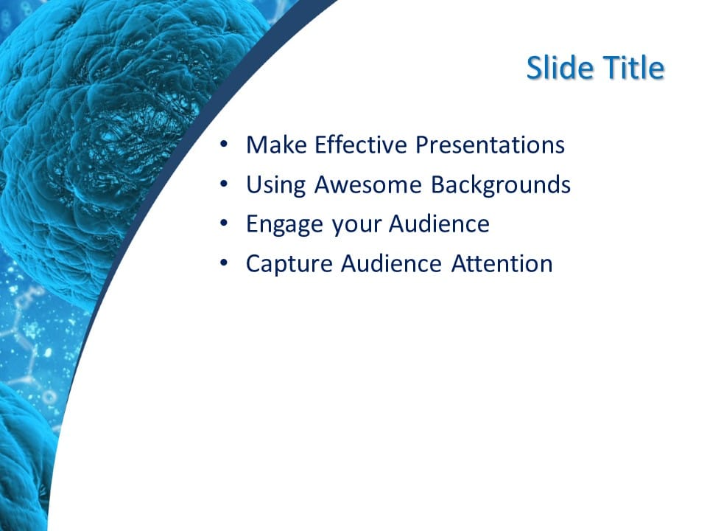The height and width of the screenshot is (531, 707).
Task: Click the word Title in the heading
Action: (634, 69)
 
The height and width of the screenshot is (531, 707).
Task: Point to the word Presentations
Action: (490, 145)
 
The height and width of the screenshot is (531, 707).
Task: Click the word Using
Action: (276, 184)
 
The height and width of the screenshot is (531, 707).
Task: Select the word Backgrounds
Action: (501, 184)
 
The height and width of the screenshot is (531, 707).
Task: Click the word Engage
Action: (284, 224)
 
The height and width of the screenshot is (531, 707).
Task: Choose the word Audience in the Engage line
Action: (439, 224)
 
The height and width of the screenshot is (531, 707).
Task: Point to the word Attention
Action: (502, 264)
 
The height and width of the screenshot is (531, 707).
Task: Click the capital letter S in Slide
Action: (535, 69)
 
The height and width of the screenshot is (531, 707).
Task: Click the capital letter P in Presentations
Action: (422, 145)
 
